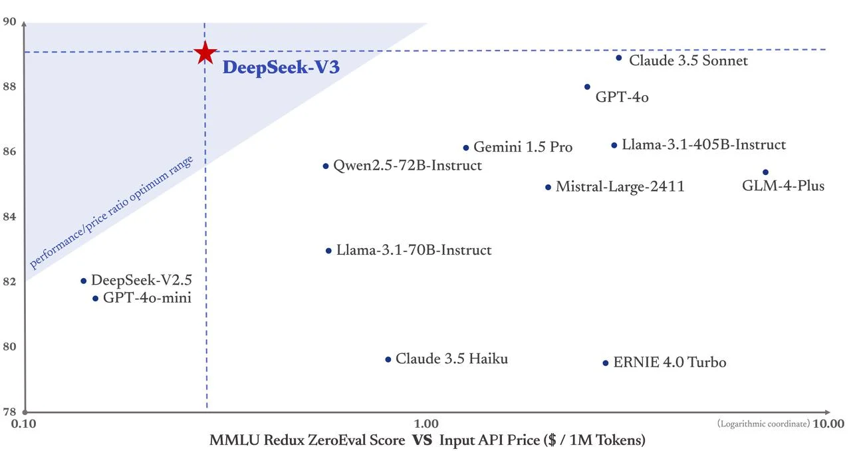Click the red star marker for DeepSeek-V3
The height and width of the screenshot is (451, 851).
(205, 53)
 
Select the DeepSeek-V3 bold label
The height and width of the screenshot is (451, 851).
(276, 68)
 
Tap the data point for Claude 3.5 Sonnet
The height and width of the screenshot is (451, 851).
(618, 58)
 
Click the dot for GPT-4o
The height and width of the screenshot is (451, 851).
(587, 87)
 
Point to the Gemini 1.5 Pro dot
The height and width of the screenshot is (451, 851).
(466, 148)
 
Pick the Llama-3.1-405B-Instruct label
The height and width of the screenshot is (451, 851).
(703, 144)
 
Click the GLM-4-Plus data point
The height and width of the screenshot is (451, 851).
(765, 172)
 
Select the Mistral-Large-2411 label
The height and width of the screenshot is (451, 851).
(620, 187)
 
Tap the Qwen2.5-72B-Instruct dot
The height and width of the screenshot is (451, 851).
(326, 166)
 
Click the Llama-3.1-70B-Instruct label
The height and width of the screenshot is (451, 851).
(414, 250)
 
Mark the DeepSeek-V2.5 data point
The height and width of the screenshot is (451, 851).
(84, 281)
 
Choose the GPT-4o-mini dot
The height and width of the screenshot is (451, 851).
(95, 299)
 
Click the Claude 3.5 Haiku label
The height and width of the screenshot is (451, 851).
(451, 359)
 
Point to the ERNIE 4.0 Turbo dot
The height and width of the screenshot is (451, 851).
(606, 363)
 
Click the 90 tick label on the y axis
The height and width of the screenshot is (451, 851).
(10, 22)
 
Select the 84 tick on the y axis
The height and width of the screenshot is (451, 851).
(10, 216)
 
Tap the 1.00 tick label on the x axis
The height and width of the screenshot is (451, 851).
(426, 424)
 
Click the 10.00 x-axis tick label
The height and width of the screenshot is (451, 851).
(828, 424)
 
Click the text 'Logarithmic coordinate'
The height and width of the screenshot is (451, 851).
(763, 424)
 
